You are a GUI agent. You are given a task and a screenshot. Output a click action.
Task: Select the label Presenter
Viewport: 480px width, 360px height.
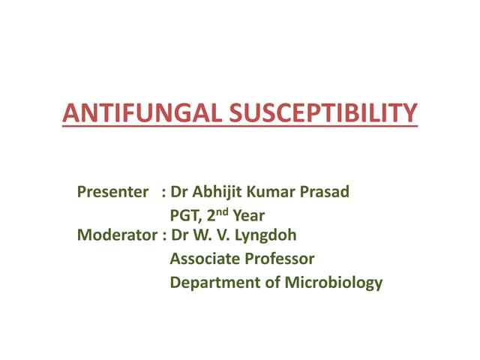point(112,192)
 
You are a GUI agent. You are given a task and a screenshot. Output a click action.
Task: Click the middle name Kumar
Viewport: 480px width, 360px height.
point(277,192)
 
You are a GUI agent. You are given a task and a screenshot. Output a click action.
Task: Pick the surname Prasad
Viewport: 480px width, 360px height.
point(326,192)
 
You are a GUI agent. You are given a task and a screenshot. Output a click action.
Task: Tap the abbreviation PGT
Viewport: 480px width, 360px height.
point(185,216)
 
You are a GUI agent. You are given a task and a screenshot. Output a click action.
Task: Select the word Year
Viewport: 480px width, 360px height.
point(249,216)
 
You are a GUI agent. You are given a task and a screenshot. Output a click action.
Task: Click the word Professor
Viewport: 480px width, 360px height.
point(280,259)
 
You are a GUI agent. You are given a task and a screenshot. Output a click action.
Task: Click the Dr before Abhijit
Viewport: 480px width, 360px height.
point(181,192)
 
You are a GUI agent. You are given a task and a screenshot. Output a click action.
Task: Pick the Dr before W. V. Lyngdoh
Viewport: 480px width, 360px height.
point(181,235)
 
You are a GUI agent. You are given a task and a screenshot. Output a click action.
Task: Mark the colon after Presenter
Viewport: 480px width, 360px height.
point(163,193)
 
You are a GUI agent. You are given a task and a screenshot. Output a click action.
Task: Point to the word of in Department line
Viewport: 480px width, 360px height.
point(271,283)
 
